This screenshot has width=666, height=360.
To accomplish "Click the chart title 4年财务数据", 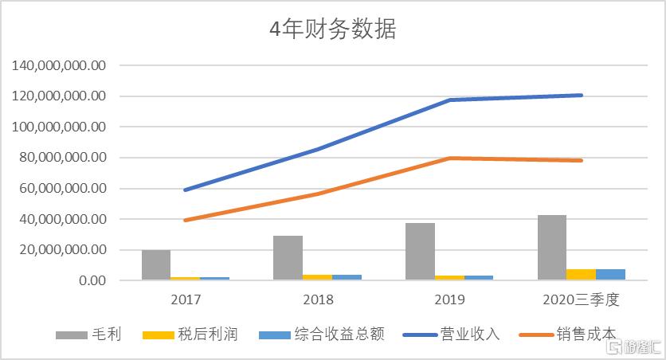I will [332, 30].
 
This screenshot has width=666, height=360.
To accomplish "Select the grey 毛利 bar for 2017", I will [156, 264].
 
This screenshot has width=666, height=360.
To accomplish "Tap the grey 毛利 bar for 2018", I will [288, 257].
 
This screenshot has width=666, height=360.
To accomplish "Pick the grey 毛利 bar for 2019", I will [420, 251].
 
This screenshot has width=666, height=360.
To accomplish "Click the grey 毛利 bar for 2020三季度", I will [551, 247].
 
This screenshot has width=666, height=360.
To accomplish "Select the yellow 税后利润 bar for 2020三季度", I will [581, 275].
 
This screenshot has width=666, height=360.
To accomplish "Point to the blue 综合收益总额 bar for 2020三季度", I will [610, 275].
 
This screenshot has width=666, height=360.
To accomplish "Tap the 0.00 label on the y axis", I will [92, 280].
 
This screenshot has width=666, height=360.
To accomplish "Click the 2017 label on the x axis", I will [186, 300].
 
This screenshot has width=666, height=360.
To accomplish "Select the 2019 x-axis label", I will [449, 300].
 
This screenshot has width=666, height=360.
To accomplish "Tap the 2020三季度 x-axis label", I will [581, 300].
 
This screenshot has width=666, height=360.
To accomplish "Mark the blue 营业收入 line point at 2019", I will [449, 100].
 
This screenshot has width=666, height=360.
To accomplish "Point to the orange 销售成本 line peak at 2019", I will [449, 158].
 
